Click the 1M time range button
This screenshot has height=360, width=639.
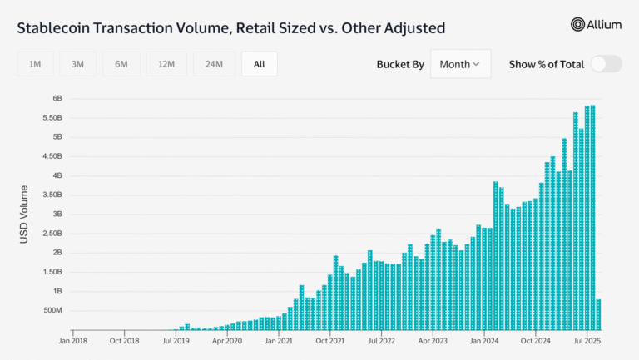(35, 64)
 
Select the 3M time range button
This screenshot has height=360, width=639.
(77, 64)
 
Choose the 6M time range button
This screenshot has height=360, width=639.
(121, 64)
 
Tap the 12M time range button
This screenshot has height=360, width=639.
(166, 64)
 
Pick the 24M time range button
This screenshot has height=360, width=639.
(213, 64)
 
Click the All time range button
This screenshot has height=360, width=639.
(259, 64)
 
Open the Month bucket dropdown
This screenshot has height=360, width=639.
(460, 64)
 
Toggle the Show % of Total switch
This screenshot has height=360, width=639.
(607, 64)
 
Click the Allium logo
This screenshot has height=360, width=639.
(596, 25)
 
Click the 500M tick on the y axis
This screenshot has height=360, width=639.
(51, 310)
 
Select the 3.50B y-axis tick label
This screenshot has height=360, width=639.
(52, 195)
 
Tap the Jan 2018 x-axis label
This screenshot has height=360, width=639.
(74, 339)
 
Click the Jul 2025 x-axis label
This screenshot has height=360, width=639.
(587, 339)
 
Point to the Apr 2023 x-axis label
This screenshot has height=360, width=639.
(433, 339)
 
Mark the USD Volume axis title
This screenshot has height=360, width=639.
(25, 215)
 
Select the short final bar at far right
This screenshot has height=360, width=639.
(598, 314)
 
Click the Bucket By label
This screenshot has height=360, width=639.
(399, 64)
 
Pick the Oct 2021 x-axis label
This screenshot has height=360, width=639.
(330, 339)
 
